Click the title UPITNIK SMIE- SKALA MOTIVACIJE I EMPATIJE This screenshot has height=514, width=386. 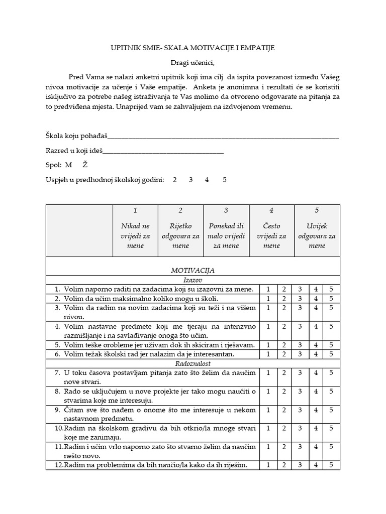click(193, 48)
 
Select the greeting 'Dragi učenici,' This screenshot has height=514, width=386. click(193, 62)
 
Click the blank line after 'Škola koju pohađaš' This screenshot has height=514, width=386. click(223, 136)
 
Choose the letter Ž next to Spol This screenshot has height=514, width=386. click(85, 165)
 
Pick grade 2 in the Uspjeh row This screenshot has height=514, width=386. click(175, 179)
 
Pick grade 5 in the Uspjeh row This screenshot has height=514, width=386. click(224, 179)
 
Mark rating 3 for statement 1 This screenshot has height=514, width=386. click(300, 289)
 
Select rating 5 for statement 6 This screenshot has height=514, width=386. click(331, 354)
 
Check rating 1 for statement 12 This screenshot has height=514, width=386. click(268, 465)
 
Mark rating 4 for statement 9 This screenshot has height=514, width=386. click(316, 410)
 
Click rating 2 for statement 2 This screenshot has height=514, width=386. click(284, 299)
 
